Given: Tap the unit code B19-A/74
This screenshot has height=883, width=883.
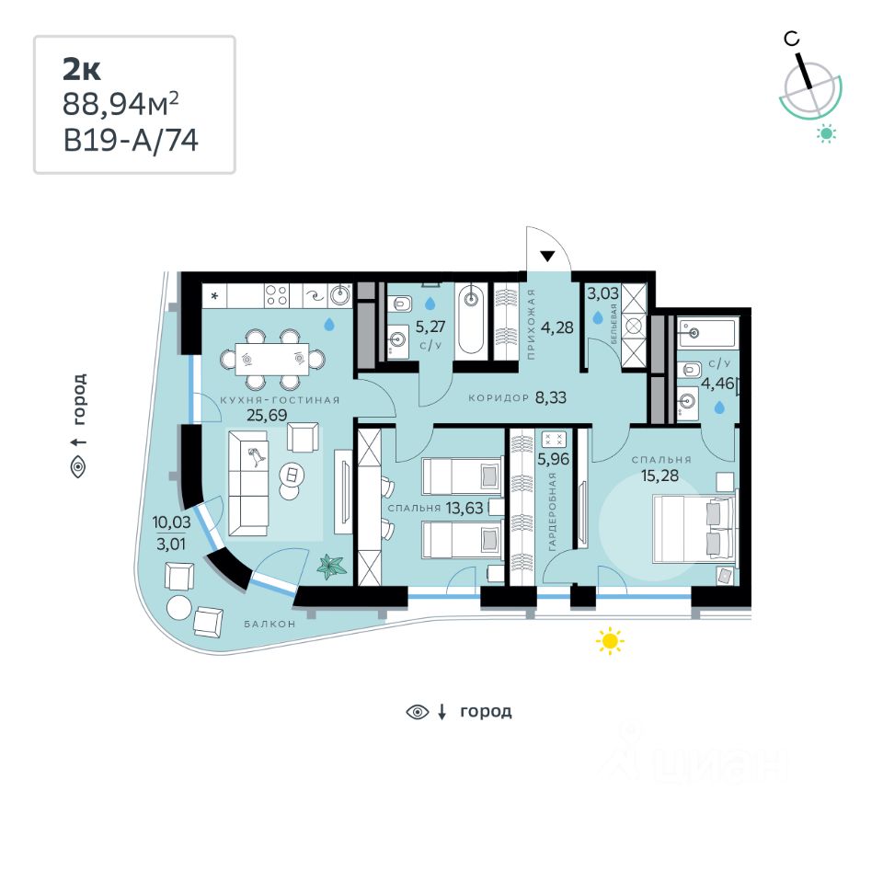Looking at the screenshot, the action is [131, 141].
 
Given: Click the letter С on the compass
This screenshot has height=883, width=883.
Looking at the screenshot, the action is [790, 39].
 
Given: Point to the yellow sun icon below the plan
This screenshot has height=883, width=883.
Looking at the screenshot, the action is [610, 640].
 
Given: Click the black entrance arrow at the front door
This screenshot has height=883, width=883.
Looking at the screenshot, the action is [548, 258].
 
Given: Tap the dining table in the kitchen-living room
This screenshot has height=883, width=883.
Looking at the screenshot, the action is [271, 359].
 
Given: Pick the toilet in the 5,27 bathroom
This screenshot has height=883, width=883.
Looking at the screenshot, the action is [402, 304].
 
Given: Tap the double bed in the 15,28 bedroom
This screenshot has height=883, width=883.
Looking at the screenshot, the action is [694, 528].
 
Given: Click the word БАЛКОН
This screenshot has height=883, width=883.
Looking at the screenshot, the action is [269, 624].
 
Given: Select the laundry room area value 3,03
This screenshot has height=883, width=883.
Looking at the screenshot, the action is [602, 293].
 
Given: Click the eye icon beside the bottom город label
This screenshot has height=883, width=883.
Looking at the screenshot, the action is [419, 711].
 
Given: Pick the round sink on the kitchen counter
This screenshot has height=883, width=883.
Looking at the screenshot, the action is [340, 295].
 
